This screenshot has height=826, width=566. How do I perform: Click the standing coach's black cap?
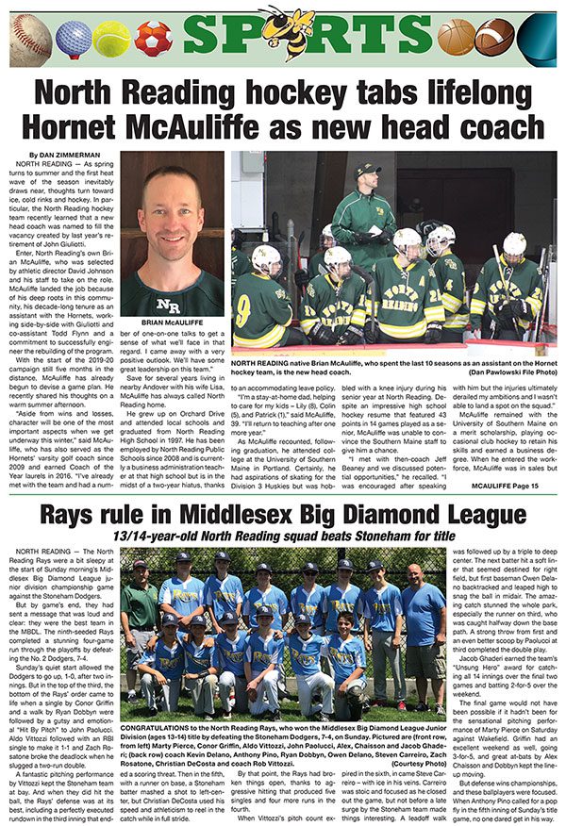click(x=367, y=170)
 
